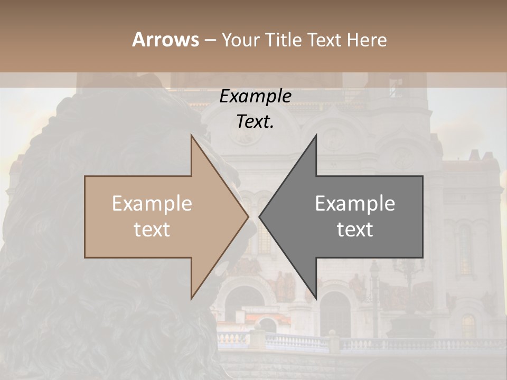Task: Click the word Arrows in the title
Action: [x=165, y=40]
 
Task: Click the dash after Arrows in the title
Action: [x=210, y=41]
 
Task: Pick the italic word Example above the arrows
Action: [x=256, y=97]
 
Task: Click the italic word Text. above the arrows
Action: [x=256, y=121]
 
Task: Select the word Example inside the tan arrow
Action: [x=152, y=204]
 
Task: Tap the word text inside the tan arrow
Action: [x=152, y=230]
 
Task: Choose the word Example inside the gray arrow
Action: [x=355, y=204]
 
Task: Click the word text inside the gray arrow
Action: [x=355, y=230]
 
